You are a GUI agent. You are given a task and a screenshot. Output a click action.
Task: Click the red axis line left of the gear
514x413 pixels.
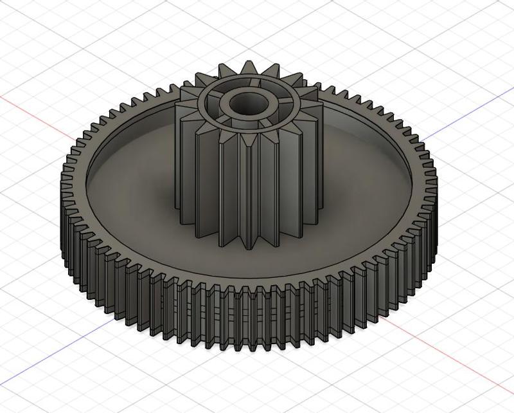[x=32, y=112]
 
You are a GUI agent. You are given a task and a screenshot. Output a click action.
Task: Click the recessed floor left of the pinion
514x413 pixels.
[x=128, y=193]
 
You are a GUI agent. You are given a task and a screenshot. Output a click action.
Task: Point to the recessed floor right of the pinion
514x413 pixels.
[x=360, y=193]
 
